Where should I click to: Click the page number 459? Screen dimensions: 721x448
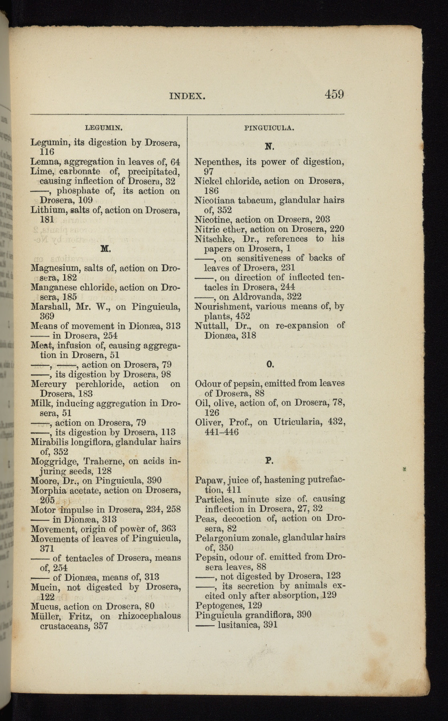pyautogui.click(x=334, y=95)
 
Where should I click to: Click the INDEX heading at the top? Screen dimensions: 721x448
pyautogui.click(x=187, y=97)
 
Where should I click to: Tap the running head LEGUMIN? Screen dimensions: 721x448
pyautogui.click(x=104, y=128)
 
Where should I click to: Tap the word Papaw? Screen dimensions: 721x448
pyautogui.click(x=208, y=480)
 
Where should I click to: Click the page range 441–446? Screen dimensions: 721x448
pyautogui.click(x=221, y=432)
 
